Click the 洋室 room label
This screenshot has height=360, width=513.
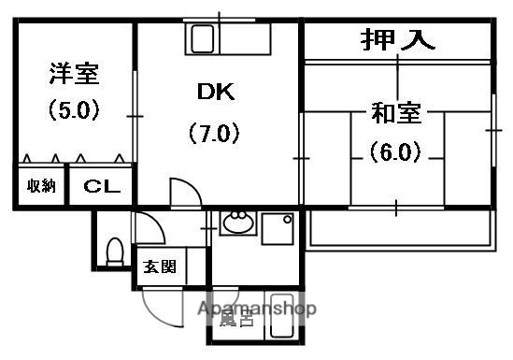(x=74, y=74)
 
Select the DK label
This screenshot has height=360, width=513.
(x=217, y=93)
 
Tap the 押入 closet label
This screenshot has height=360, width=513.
(x=397, y=41)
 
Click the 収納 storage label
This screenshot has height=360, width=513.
(x=41, y=186)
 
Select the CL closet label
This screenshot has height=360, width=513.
(x=101, y=186)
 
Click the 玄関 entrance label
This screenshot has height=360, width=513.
(x=159, y=266)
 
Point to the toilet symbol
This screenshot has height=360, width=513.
(x=115, y=251)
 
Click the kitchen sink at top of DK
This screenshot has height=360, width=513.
(x=203, y=40)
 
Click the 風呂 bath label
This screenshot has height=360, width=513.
(x=235, y=322)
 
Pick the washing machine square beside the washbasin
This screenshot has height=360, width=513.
(x=278, y=230)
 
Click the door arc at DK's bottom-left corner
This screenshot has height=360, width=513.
(x=184, y=193)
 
